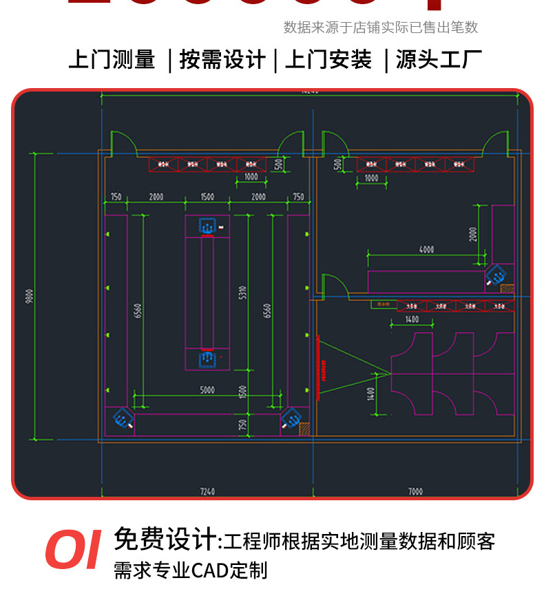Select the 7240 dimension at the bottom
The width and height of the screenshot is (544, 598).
click(x=207, y=491)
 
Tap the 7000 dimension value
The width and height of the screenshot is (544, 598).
click(x=415, y=491)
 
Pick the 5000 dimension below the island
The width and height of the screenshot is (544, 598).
click(x=207, y=389)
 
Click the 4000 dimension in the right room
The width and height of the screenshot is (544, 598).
click(x=427, y=249)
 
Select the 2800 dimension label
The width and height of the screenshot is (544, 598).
click(x=156, y=197)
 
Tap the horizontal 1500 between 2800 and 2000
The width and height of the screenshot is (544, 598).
click(x=207, y=197)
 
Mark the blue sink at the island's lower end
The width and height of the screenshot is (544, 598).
click(x=207, y=359)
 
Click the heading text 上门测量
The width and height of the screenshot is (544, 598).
click(x=112, y=60)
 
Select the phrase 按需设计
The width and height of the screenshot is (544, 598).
click(x=222, y=60)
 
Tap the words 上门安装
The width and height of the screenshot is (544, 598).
click(x=328, y=60)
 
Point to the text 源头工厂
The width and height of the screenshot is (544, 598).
click(x=439, y=60)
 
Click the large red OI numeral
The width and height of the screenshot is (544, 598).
click(x=72, y=551)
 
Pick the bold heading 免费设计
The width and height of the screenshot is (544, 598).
click(x=165, y=539)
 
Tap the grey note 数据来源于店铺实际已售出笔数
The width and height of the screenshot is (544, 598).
click(x=380, y=28)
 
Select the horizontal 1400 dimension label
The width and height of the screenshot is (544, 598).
click(x=412, y=319)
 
